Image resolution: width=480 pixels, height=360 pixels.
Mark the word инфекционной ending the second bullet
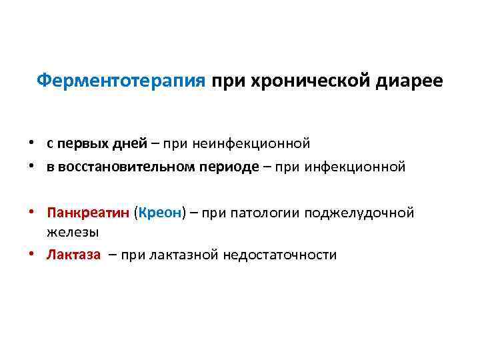(355, 167)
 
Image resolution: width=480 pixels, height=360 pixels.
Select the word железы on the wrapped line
(73, 231)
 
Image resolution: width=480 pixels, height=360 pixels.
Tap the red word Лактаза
(73, 255)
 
